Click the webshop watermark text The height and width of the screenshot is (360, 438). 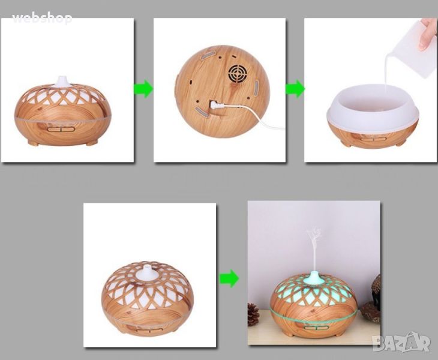click(42, 19)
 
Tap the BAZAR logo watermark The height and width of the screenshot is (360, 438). click(401, 342)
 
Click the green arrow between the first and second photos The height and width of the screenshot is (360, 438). click(143, 89)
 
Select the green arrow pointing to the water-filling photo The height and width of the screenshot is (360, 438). click(295, 89)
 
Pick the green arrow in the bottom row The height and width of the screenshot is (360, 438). click(229, 278)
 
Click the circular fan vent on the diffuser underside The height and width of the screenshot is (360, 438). click(238, 74)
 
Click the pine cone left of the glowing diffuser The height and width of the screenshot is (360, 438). click(253, 314)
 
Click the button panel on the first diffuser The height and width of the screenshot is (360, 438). click(61, 130)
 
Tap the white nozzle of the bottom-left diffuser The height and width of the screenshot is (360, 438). click(146, 272)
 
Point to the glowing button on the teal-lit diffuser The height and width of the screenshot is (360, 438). click(313, 328)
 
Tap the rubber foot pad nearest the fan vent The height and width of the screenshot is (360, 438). click(256, 89)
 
